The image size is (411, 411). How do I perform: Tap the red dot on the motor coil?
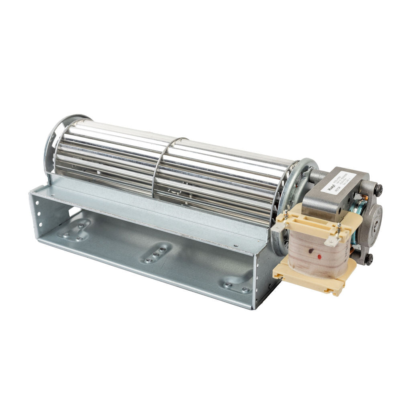(319, 256)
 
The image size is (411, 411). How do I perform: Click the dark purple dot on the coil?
(311, 251)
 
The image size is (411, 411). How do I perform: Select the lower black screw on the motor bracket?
(368, 259)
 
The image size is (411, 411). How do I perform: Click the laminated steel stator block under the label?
(321, 205)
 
